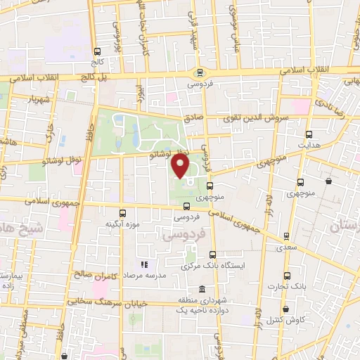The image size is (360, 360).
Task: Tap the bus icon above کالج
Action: pyautogui.click(x=97, y=51)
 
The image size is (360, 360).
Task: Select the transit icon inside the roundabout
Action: pyautogui.click(x=200, y=72)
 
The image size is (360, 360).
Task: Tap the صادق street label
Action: pyautogui.click(x=193, y=120)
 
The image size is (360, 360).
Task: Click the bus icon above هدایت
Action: pyautogui.click(x=309, y=134)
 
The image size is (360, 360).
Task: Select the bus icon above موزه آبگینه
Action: pyautogui.click(x=123, y=212)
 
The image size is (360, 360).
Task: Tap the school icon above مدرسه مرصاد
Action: pyautogui.click(x=144, y=265)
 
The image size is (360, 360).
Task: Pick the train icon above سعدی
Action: pyautogui.click(x=285, y=236)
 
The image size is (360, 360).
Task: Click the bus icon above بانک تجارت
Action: pyautogui.click(x=286, y=275)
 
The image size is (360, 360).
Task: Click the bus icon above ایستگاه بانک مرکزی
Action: pyautogui.click(x=212, y=255)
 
